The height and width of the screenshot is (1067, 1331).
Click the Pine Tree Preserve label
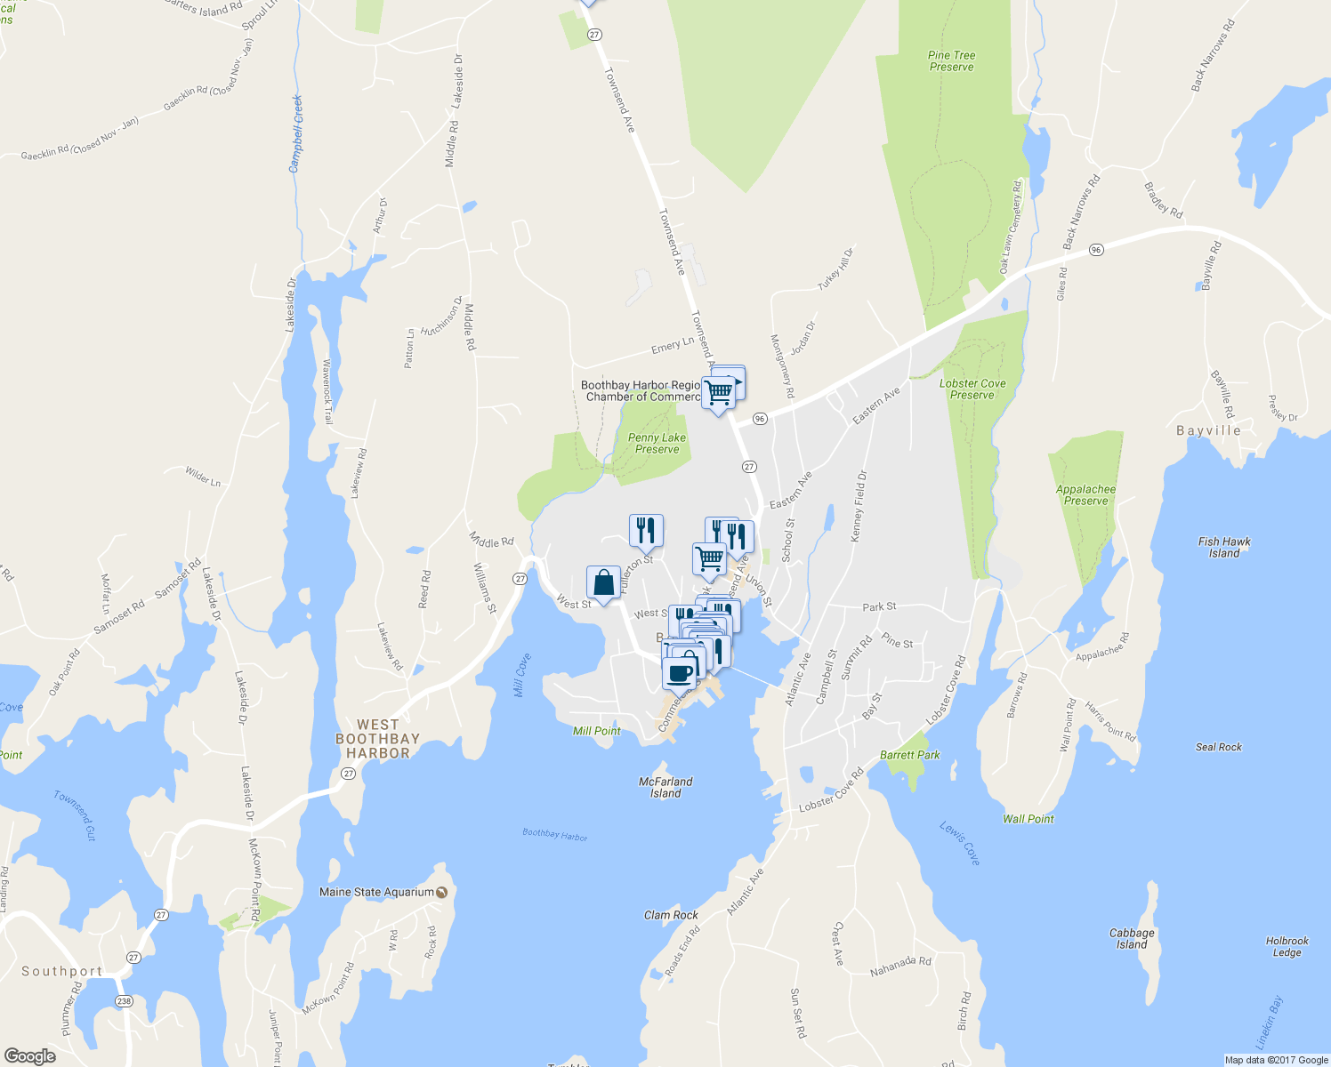pyautogui.click(x=951, y=60)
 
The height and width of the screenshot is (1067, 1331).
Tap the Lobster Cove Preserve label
pyautogui.click(x=972, y=389)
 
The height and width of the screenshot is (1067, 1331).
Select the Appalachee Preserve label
pyautogui.click(x=1085, y=495)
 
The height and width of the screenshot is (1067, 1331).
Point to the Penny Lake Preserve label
pyautogui.click(x=657, y=443)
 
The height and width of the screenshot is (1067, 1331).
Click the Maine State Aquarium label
pyautogui.click(x=377, y=892)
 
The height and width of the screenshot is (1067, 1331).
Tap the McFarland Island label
pyautogui.click(x=665, y=787)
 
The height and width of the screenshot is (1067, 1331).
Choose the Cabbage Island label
pyautogui.click(x=1132, y=939)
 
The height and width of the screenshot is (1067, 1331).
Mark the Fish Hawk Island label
pyautogui.click(x=1224, y=547)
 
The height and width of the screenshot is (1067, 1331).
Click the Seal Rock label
pyautogui.click(x=1218, y=747)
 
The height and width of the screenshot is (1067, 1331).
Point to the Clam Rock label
pyautogui.click(x=671, y=915)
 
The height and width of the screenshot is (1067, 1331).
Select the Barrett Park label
pyautogui.click(x=909, y=755)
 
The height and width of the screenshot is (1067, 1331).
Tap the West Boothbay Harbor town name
pyautogui.click(x=377, y=739)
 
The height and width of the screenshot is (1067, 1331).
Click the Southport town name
pyautogui.click(x=61, y=971)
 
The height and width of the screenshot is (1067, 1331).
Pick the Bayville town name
pyautogui.click(x=1208, y=430)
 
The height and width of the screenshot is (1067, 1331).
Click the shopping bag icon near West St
pyautogui.click(x=603, y=583)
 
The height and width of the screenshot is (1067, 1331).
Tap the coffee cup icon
pyautogui.click(x=679, y=673)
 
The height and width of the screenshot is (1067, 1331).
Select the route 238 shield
pyautogui.click(x=123, y=1001)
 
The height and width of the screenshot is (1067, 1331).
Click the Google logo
pyautogui.click(x=29, y=1056)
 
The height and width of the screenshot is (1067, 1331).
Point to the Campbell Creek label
pyautogui.click(x=296, y=133)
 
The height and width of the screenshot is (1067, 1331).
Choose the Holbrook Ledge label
pyautogui.click(x=1287, y=946)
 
